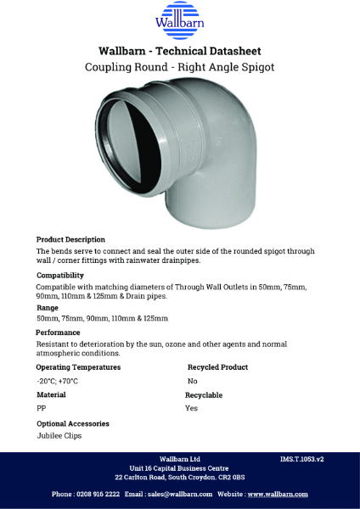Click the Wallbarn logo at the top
[x=179, y=20]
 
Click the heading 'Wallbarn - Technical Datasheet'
[x=180, y=50]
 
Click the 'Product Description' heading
[x=70, y=239]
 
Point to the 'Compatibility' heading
[x=59, y=275]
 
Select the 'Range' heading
[x=48, y=308]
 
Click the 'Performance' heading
[x=58, y=333]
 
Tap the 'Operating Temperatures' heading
[x=78, y=367]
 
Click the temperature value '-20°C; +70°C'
[x=57, y=382]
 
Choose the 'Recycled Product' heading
[x=217, y=367]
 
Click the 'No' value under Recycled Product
[x=192, y=382]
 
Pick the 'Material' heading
[x=51, y=395]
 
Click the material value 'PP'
[x=41, y=409]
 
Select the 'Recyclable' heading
[x=204, y=395]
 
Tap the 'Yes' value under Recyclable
[x=192, y=409]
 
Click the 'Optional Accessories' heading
[x=72, y=423]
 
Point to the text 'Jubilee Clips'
[x=59, y=436]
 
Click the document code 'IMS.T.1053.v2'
[x=302, y=459]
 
